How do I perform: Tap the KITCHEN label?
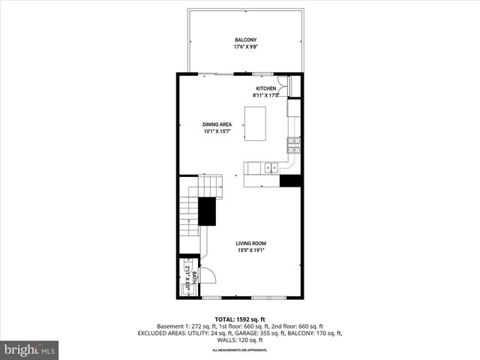(x=266, y=88)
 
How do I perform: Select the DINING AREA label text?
(x=217, y=124)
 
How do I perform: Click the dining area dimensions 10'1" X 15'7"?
(x=217, y=132)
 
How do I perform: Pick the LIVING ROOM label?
(x=251, y=243)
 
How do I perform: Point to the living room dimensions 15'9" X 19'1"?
(x=251, y=250)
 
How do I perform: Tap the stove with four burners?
(x=294, y=144)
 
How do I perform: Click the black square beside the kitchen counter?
(x=290, y=181)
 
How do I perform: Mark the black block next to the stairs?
(x=206, y=210)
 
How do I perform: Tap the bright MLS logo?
(x=30, y=349)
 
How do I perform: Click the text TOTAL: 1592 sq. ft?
(x=240, y=318)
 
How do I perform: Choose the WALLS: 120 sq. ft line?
(x=240, y=340)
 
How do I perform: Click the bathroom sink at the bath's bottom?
(x=187, y=292)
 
